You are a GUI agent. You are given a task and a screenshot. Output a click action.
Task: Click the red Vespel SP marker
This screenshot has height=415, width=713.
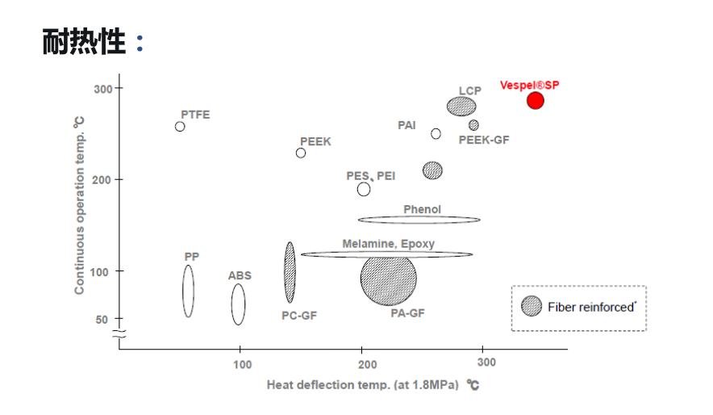535,100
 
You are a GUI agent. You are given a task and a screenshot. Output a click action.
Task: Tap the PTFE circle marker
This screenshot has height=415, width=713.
180,127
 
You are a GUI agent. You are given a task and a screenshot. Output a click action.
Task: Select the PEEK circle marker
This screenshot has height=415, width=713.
301,153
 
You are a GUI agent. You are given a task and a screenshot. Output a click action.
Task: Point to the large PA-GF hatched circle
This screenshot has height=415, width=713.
388,278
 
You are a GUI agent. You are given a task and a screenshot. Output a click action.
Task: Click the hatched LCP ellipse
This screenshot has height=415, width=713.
461,107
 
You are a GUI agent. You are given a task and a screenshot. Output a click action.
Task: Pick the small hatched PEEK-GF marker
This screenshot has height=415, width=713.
473,125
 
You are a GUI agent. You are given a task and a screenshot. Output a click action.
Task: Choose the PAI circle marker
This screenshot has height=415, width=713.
436,134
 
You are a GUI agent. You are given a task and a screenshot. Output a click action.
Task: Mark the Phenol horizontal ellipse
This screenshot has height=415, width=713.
419,220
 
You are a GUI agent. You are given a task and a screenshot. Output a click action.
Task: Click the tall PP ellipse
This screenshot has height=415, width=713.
188,291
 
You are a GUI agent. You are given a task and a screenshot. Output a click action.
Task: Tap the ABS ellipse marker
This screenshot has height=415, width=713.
238,304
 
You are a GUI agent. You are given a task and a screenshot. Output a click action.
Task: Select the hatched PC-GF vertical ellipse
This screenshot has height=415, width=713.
290,272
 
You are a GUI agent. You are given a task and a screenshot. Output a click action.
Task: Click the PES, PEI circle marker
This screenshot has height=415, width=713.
364,189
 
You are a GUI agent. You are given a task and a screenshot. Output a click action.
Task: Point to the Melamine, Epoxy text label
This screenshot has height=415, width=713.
388,244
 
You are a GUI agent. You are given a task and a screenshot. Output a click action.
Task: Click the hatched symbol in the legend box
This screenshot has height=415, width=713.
532,307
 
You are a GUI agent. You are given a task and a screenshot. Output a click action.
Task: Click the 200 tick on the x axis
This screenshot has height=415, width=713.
363,365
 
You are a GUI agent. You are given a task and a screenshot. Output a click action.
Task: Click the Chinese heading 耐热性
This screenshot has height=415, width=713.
84,43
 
